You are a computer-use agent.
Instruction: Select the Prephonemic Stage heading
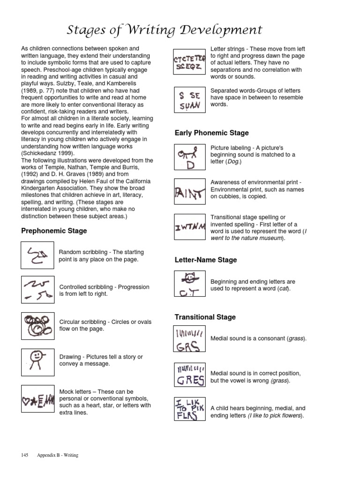(x=54, y=231)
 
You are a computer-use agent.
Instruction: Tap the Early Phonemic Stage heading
(x=211, y=133)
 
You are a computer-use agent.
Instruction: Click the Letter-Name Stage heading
(x=206, y=260)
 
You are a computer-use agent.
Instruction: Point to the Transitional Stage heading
(x=205, y=317)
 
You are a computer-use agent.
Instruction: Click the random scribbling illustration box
(x=37, y=255)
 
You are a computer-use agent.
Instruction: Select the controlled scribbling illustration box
(x=37, y=290)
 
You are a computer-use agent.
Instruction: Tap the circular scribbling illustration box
(x=37, y=325)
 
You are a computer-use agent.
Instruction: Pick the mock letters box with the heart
(x=37, y=399)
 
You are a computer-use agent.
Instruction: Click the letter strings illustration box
(x=189, y=62)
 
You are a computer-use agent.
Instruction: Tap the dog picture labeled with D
(x=189, y=157)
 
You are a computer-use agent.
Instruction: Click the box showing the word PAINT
(x=189, y=192)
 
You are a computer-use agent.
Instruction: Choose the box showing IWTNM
(x=189, y=227)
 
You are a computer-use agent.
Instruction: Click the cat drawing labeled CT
(x=189, y=283)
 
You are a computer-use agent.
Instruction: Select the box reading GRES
(x=189, y=374)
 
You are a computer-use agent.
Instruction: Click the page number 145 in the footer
(x=25, y=455)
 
